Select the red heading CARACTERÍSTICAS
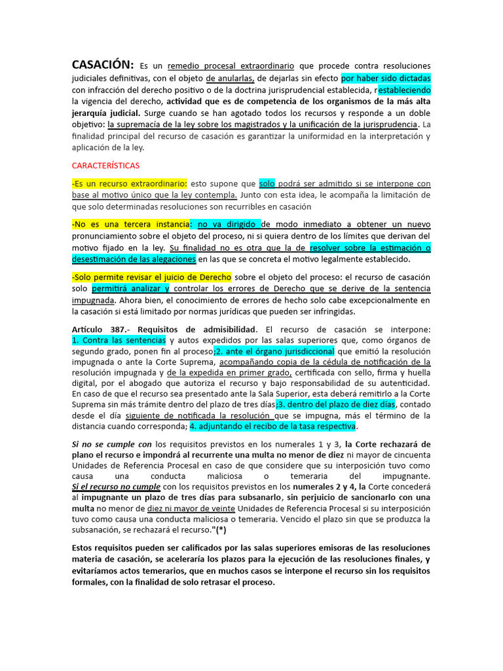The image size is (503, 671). [x=105, y=165]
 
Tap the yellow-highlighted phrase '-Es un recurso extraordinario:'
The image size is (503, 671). [x=130, y=184]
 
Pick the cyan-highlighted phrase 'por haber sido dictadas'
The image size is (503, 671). [x=386, y=77]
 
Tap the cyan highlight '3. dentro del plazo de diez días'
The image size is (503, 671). [x=336, y=404]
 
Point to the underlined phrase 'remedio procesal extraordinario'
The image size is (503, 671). [x=231, y=66]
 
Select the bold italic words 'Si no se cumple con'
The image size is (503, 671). [x=112, y=444]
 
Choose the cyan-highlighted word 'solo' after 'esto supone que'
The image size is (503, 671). [x=267, y=184]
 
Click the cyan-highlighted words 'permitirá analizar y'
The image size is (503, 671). [x=131, y=288]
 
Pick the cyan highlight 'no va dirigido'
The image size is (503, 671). [x=229, y=224]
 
